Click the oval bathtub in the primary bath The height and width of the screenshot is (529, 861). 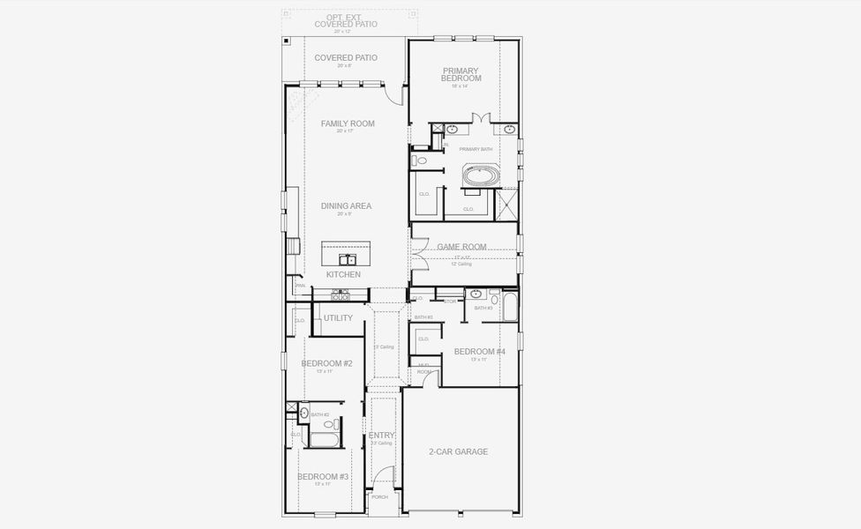click(481, 175)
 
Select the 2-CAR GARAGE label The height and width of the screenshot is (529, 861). click(459, 451)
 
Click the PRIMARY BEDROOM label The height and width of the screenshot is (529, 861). click(461, 74)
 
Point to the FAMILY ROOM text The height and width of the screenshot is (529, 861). click(348, 123)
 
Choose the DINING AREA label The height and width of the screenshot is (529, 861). click(347, 205)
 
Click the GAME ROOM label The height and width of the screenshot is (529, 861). click(462, 248)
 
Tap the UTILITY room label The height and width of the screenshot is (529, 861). click(338, 317)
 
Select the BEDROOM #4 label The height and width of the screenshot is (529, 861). click(479, 352)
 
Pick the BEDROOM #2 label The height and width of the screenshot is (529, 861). click(326, 363)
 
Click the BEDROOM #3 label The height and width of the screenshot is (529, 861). click(323, 476)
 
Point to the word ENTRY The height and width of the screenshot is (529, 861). click(382, 436)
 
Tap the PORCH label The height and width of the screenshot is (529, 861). click(379, 496)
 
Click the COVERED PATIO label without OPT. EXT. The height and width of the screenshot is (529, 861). click(346, 57)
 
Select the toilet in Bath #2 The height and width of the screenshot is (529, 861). click(329, 424)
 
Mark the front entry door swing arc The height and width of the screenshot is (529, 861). click(381, 477)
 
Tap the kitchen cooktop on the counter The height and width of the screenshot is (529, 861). click(341, 296)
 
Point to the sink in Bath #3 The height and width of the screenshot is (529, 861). click(476, 294)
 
